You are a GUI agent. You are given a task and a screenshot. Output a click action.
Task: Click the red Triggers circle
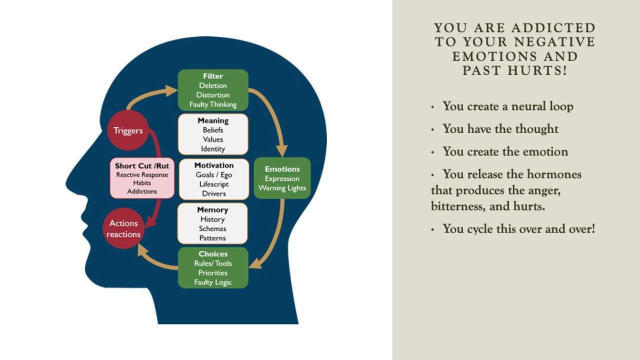pyautogui.click(x=128, y=131)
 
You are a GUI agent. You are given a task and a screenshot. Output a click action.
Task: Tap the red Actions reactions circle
pyautogui.click(x=123, y=228)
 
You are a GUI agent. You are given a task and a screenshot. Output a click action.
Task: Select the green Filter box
pyautogui.click(x=213, y=90)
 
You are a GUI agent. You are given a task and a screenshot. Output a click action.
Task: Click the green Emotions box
pyautogui.click(x=282, y=178)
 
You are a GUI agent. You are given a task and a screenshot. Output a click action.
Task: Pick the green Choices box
pyautogui.click(x=213, y=267)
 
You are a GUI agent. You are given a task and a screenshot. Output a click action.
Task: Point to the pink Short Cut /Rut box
pyautogui.click(x=142, y=178)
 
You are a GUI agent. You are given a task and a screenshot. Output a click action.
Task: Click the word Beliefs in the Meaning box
pyautogui.click(x=213, y=130)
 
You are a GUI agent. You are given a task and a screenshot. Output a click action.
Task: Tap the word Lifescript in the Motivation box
pyautogui.click(x=213, y=184)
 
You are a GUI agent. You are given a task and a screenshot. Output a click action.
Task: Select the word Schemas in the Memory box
pyautogui.click(x=212, y=228)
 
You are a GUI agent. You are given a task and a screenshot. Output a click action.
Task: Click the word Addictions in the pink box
pyautogui.click(x=142, y=191)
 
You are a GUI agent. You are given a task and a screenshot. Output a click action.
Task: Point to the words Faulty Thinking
pyautogui.click(x=213, y=104)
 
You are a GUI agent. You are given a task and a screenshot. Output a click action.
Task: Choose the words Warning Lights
pyautogui.click(x=282, y=188)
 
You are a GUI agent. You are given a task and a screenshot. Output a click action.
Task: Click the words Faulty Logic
pyautogui.click(x=213, y=282)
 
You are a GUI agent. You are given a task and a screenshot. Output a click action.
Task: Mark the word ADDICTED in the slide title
pyautogui.click(x=554, y=28)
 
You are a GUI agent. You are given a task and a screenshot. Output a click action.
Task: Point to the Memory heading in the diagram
pyautogui.click(x=212, y=210)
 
